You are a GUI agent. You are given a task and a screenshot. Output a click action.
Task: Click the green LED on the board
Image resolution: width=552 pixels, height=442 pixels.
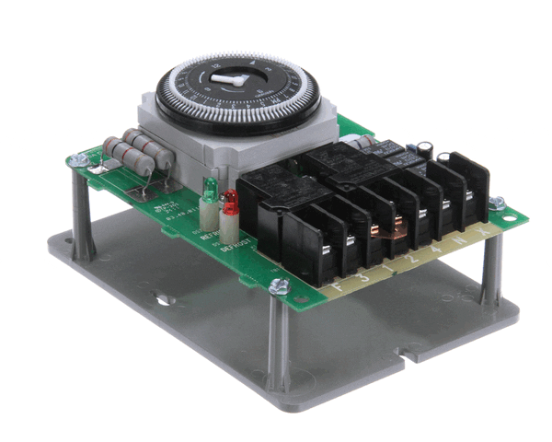(x=209, y=191)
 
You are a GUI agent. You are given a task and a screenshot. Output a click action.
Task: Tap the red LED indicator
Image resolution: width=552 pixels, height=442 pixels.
(x=230, y=198)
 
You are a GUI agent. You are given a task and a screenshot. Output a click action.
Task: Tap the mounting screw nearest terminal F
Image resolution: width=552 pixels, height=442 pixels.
(x=275, y=287)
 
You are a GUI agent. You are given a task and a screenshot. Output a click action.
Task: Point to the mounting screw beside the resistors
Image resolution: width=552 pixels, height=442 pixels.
(x=80, y=161)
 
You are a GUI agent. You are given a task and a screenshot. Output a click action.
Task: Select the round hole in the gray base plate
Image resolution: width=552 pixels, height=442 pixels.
(x=164, y=299)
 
